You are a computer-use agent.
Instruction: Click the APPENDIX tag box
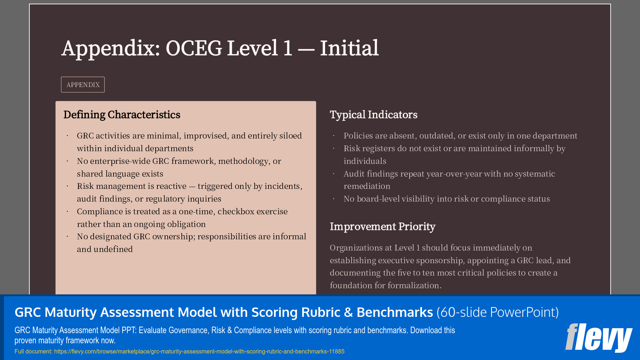pyautogui.click(x=83, y=84)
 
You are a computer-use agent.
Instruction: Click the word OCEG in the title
pyautogui.click(x=194, y=48)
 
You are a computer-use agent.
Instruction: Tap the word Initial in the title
pyautogui.click(x=349, y=48)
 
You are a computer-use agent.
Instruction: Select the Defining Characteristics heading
pyautogui.click(x=122, y=115)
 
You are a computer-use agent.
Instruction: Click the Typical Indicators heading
pyautogui.click(x=373, y=115)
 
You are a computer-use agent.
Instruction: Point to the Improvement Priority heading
pyautogui.click(x=382, y=227)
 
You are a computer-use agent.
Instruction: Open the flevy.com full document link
pyautogui.click(x=199, y=351)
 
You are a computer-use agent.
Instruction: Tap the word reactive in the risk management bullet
pyautogui.click(x=171, y=186)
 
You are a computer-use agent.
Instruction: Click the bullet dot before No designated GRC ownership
pyautogui.click(x=67, y=237)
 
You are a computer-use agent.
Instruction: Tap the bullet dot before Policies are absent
pyautogui.click(x=334, y=136)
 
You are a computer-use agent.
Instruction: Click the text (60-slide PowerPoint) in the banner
pyautogui.click(x=497, y=312)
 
